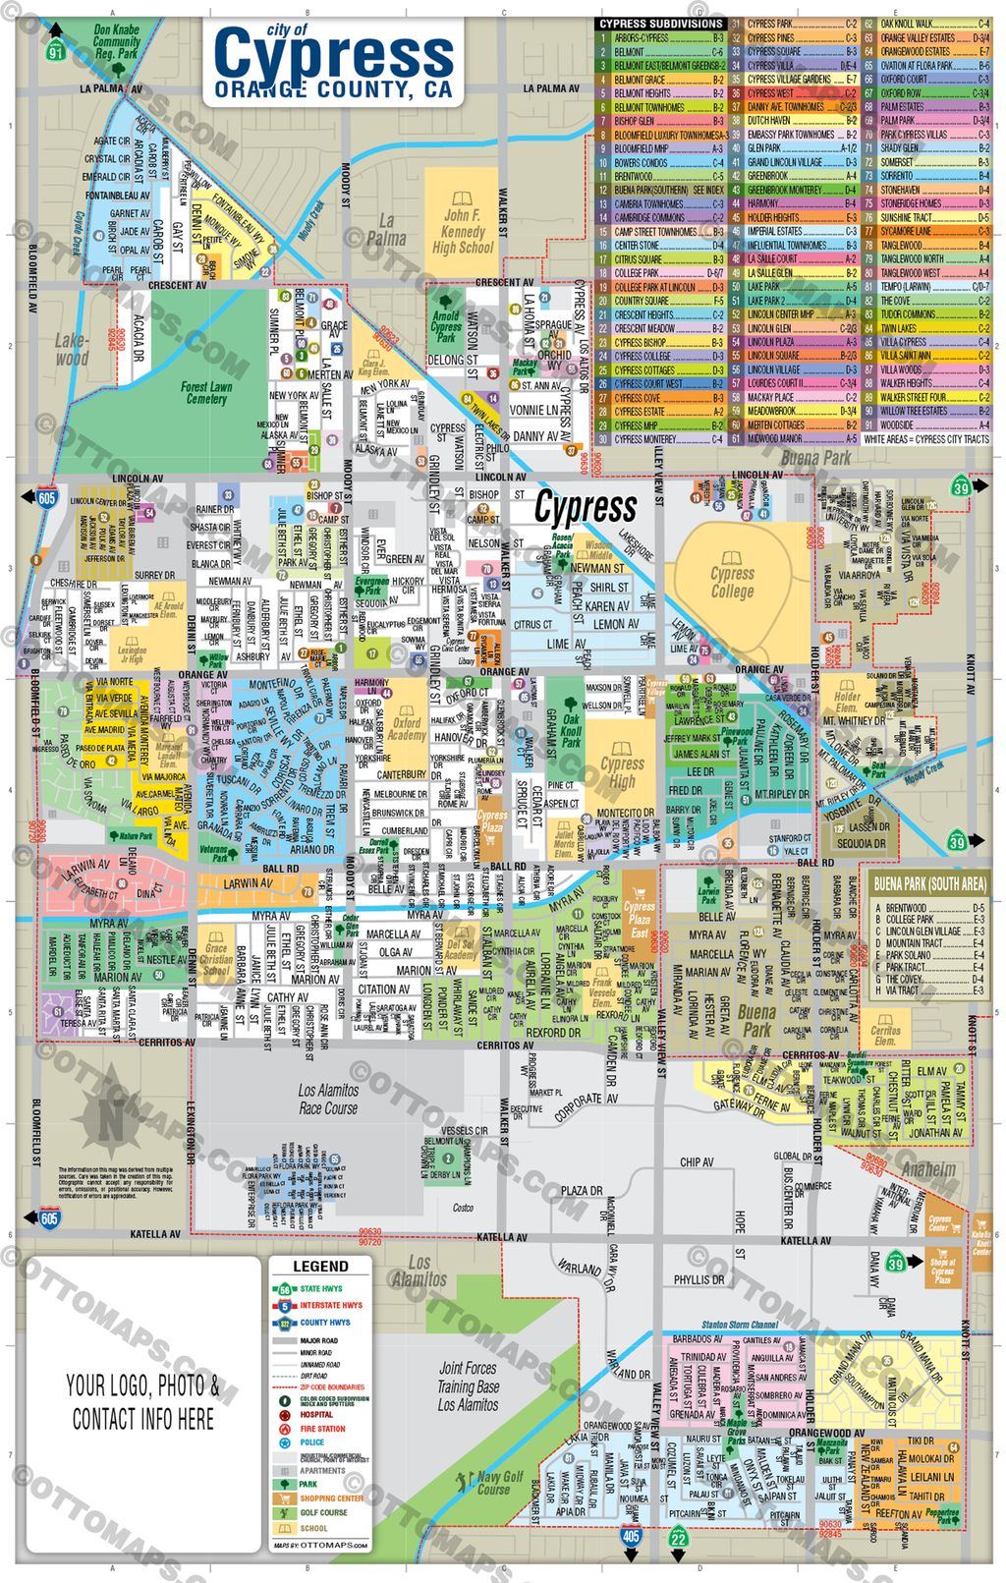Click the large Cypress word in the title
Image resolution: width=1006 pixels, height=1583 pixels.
point(334,54)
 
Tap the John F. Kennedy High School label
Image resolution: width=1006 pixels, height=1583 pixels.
point(462,232)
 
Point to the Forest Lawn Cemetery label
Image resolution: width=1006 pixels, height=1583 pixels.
point(206,393)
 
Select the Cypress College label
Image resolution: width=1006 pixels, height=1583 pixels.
point(732,582)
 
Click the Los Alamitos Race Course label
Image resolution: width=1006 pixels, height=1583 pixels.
point(328,1100)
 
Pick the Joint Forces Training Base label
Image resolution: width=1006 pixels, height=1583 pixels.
point(468,1385)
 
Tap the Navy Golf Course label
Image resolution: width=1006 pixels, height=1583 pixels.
point(499,1482)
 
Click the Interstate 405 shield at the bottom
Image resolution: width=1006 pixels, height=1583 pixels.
point(631,1536)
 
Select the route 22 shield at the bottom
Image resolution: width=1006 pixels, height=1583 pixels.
point(679,1539)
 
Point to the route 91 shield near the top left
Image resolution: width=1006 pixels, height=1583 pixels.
point(56,51)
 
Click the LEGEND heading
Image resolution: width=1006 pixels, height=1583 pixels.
point(320,1267)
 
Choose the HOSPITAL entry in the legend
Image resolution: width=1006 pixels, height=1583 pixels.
point(316,1415)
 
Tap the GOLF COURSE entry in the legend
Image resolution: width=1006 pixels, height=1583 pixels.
point(323,1513)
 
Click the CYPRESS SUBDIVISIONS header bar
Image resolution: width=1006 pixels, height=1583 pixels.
point(661,24)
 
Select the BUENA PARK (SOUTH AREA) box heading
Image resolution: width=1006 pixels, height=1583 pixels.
point(929,884)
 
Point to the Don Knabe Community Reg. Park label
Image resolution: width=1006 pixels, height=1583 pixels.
point(117,42)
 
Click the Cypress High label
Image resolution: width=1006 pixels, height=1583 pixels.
point(622,772)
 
